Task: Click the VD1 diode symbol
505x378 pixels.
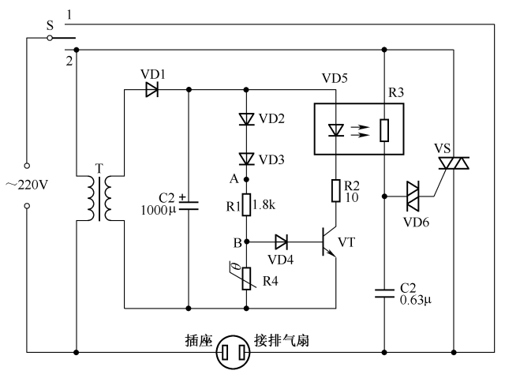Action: pos(151,89)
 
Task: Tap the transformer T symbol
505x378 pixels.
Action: pos(99,198)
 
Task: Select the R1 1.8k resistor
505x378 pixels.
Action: pos(246,204)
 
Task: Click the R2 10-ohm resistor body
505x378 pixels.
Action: pos(335,191)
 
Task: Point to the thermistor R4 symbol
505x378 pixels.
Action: pos(246,278)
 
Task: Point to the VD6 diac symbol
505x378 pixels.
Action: pos(413,193)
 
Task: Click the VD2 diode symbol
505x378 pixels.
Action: pos(246,120)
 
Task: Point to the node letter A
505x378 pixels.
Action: pos(234,179)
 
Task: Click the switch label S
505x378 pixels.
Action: pos(50,24)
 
